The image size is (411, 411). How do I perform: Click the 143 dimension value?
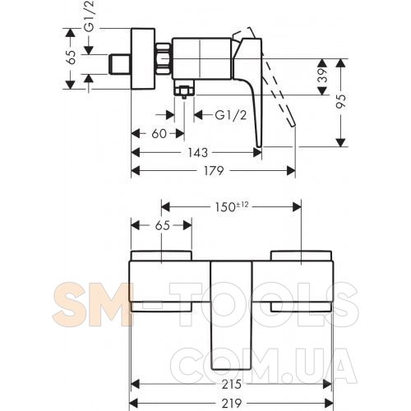tap(197, 153)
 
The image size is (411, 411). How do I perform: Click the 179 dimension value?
tap(214, 171)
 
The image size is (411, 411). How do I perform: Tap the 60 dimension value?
tap(159, 134)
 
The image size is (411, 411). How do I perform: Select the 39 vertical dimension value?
tap(324, 76)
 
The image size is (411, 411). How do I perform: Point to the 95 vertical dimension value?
tap(342, 101)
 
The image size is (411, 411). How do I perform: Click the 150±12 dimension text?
tap(232, 206)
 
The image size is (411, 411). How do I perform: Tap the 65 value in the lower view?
tap(163, 225)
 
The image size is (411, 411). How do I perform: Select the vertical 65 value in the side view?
tap(72, 58)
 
